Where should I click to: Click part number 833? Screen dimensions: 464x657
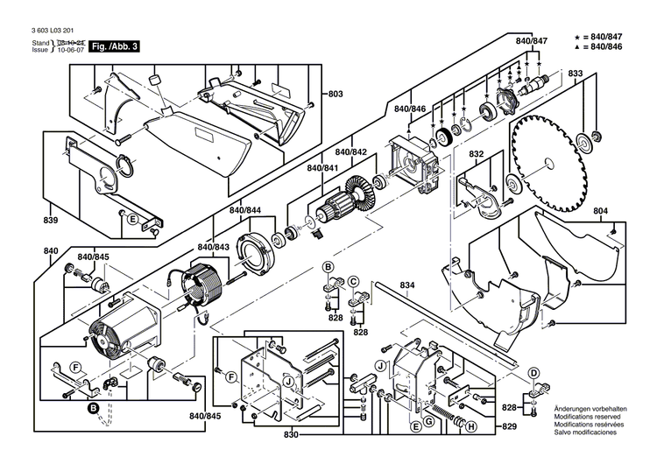pos(575,74)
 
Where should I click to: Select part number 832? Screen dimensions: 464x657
pos(476,154)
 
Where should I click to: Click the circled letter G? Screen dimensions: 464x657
pos(428,421)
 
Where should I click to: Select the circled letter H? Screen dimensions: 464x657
pos(471,427)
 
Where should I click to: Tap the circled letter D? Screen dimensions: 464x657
pos(533,372)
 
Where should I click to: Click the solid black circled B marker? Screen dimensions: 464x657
pos(92,407)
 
